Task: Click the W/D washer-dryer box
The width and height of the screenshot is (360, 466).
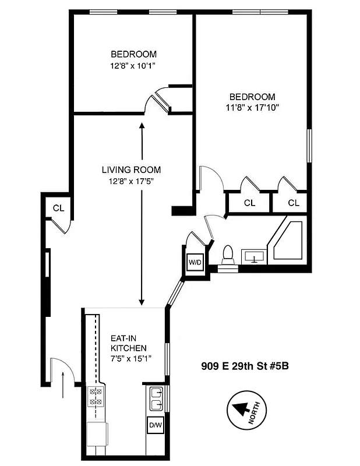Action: pos(194,262)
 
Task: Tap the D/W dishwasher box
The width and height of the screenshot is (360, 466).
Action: pos(154,426)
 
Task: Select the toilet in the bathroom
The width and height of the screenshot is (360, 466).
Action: pos(228,255)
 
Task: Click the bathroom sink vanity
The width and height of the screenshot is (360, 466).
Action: pos(253,256)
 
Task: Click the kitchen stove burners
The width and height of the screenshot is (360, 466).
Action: pos(95,397)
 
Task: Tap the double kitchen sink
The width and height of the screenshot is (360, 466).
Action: pos(155,399)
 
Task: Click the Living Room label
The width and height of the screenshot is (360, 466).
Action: pos(131,170)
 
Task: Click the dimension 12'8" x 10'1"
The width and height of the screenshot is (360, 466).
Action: pos(131,66)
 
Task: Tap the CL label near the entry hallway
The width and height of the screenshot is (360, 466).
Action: pos(58,208)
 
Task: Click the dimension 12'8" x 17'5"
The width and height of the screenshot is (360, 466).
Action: pos(131,181)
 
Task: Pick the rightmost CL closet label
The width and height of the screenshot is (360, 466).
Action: pos(294,203)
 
